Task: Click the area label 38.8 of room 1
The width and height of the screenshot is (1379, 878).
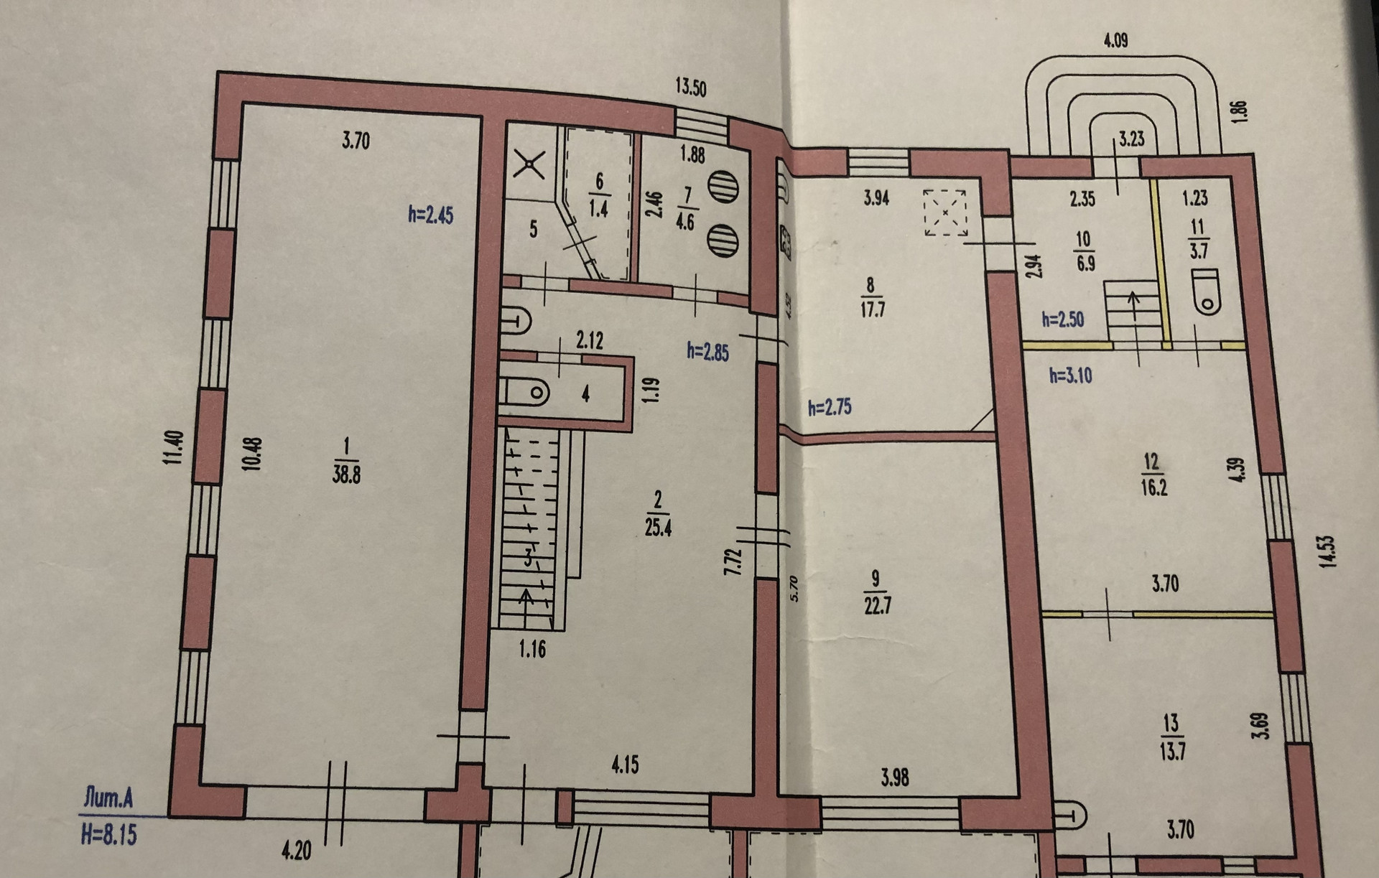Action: [346, 475]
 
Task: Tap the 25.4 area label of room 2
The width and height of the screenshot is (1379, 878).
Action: [658, 528]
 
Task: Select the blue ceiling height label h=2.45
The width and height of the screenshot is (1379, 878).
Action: [430, 215]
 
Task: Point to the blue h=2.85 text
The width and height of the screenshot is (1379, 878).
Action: [707, 351]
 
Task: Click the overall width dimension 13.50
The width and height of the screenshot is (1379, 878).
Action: [690, 88]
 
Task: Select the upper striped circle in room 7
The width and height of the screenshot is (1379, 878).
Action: [723, 187]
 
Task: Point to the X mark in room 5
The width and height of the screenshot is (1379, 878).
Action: [529, 166]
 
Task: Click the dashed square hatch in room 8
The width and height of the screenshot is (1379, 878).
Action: [944, 213]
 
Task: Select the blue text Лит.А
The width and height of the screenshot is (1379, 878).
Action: [108, 798]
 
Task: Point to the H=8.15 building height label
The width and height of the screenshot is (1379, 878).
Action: [108, 836]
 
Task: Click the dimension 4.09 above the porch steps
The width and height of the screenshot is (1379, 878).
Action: [1115, 40]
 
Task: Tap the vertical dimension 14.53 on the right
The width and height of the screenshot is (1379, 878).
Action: [1326, 552]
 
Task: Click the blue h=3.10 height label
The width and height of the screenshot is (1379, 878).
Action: [1070, 375]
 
